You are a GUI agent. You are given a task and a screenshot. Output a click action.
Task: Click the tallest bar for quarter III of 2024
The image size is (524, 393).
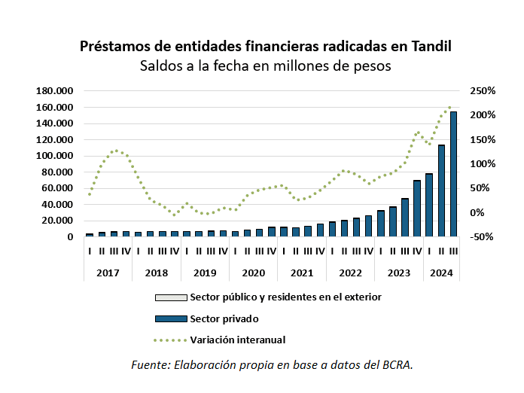(453, 175)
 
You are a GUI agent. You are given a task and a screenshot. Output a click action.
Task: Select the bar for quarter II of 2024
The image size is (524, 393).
(441, 191)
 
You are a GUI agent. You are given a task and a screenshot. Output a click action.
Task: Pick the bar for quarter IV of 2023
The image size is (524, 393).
(417, 209)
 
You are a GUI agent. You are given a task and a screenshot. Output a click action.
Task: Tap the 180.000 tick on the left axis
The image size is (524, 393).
(55, 91)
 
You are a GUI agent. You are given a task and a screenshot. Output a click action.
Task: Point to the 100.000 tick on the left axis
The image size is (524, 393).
(55, 156)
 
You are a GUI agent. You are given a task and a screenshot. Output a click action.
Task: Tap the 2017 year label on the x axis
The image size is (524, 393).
(108, 273)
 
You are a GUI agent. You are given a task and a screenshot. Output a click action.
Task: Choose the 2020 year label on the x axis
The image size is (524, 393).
(253, 273)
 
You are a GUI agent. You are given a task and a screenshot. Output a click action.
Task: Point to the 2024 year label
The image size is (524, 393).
(441, 273)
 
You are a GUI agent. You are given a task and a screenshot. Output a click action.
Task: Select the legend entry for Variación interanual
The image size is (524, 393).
(238, 340)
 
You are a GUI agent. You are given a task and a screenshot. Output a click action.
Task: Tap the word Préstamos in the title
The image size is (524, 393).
(114, 46)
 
